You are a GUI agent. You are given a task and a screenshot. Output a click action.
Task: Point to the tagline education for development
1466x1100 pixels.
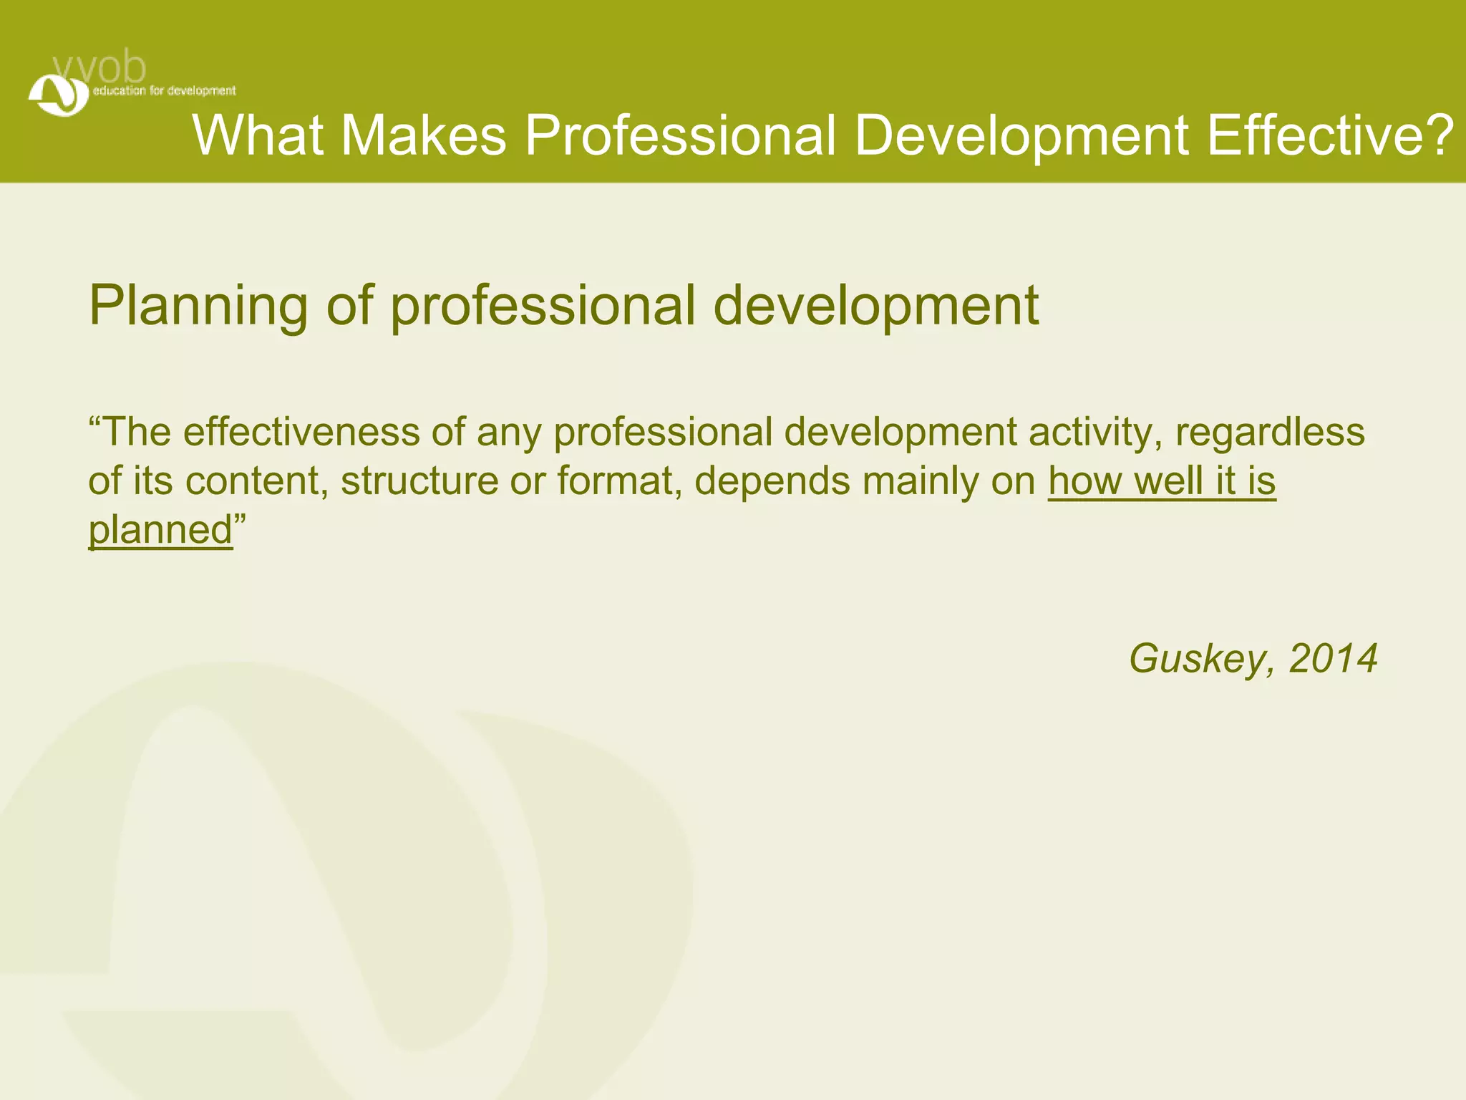(x=164, y=91)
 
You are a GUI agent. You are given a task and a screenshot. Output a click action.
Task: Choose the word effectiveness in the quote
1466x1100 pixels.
(x=301, y=432)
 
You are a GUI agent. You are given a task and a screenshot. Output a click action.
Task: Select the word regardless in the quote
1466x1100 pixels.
(x=1270, y=432)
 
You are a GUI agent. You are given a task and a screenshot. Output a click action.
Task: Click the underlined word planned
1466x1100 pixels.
(x=160, y=530)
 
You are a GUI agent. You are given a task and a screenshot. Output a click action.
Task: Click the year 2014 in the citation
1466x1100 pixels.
(x=1333, y=658)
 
